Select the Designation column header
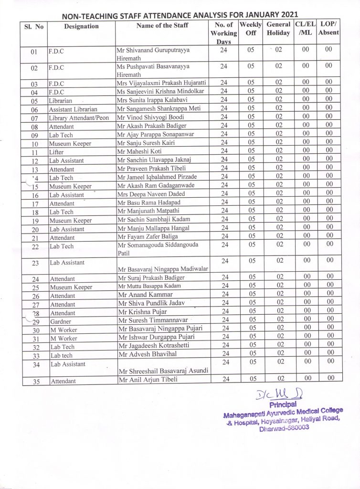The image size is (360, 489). tap(81, 26)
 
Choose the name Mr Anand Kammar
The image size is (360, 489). tap(146, 295)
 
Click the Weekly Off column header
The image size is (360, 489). tap(251, 29)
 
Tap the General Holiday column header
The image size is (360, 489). tap(278, 29)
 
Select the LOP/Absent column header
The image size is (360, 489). tap(328, 29)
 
